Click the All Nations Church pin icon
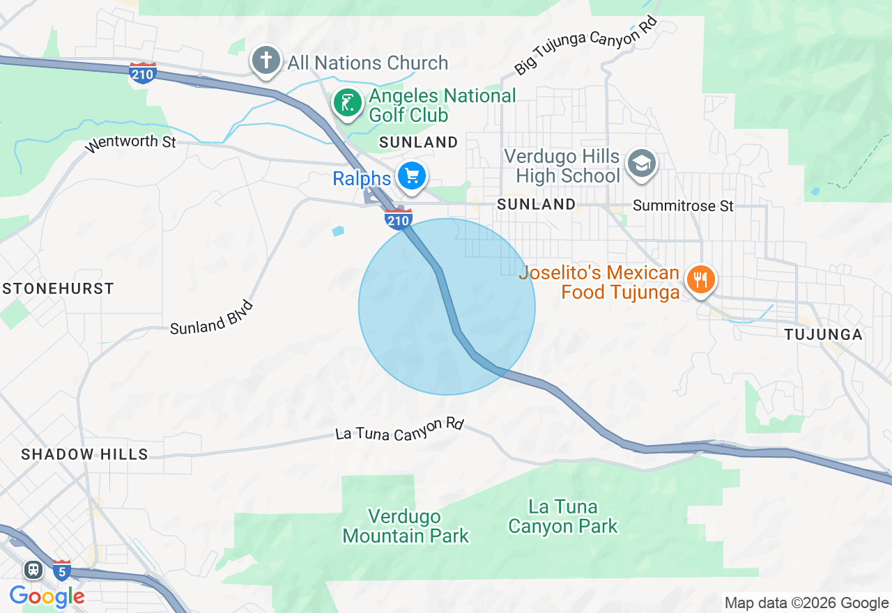click(x=266, y=61)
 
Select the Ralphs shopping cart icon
click(x=412, y=176)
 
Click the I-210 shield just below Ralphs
click(x=398, y=219)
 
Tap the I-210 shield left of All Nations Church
click(x=142, y=72)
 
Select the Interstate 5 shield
click(x=61, y=570)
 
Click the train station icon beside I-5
click(x=33, y=570)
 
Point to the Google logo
click(x=47, y=596)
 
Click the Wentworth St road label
click(x=130, y=144)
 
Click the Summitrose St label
click(x=683, y=205)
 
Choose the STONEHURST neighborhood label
click(x=58, y=288)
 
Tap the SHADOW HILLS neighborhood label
click(x=84, y=454)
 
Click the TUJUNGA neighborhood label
click(x=823, y=334)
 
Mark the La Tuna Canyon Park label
click(x=562, y=515)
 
